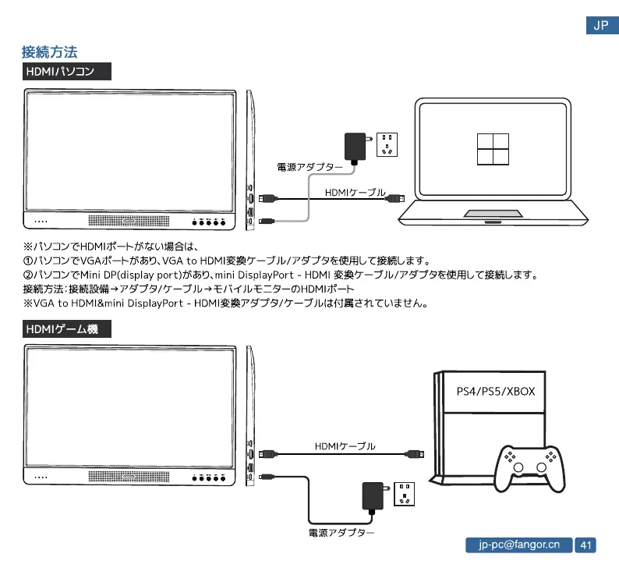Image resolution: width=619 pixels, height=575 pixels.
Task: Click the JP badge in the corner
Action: [601, 26]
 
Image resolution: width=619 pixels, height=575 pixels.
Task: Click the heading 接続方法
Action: [49, 53]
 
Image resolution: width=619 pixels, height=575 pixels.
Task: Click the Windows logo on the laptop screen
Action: [493, 148]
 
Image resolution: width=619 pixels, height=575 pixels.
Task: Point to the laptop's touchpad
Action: [493, 214]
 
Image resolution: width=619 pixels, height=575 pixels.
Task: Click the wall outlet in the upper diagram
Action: [387, 145]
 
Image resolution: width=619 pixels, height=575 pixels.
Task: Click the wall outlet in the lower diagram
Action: [406, 492]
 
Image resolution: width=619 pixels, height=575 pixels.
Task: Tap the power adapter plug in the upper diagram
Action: [355, 146]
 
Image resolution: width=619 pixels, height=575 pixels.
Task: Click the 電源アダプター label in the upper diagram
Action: [309, 166]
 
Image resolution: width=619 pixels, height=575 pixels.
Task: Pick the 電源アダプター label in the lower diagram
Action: [341, 533]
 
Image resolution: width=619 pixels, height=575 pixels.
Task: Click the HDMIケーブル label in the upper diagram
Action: [355, 192]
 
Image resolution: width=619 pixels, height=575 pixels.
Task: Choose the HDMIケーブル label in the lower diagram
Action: [345, 445]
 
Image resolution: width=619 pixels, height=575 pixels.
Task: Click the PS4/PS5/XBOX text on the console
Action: [495, 391]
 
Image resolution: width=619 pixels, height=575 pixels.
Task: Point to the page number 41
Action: [585, 545]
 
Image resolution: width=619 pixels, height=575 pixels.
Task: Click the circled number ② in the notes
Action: [28, 275]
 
